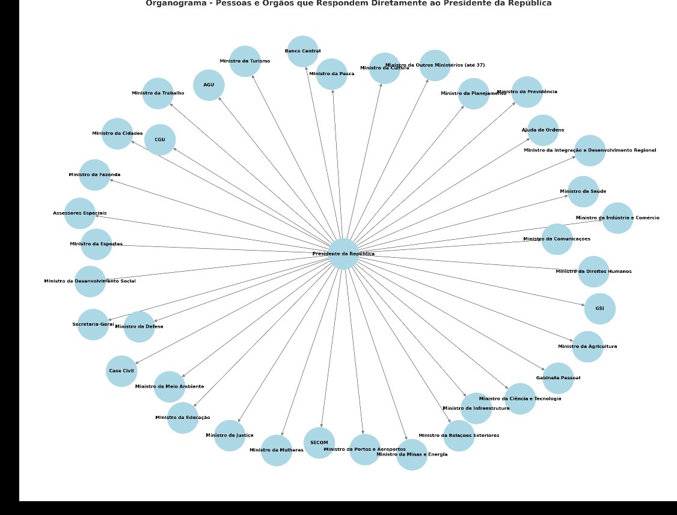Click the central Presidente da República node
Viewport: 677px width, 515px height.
(343, 254)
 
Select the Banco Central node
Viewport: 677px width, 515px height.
(302, 51)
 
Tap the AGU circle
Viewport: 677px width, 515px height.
(209, 85)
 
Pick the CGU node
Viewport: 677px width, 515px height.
(160, 139)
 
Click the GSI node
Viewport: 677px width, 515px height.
(600, 308)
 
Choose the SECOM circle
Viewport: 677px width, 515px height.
(319, 443)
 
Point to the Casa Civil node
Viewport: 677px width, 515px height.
(121, 371)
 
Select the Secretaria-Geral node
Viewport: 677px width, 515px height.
(93, 325)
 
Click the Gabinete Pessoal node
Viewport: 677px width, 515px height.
(558, 378)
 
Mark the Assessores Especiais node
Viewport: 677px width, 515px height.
(79, 213)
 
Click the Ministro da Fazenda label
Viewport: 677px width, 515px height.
(94, 174)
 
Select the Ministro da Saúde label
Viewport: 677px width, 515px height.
(583, 191)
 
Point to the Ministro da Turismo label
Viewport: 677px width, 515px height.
(245, 61)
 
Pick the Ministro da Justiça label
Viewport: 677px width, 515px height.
(229, 435)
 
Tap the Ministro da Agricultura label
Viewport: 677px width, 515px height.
(587, 346)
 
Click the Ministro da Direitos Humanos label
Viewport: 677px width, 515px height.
(593, 271)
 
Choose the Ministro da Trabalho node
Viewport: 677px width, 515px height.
(158, 93)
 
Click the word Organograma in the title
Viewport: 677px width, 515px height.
(171, 3)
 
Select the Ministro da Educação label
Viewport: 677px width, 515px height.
(182, 417)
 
